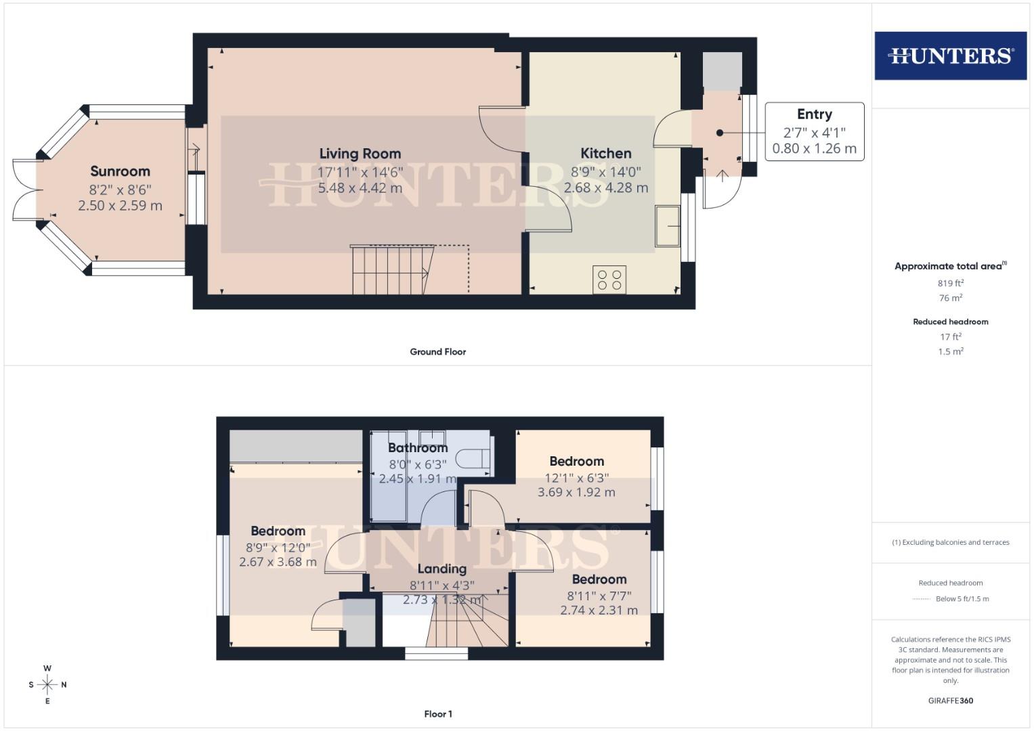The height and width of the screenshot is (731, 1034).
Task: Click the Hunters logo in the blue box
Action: pyautogui.click(x=950, y=56)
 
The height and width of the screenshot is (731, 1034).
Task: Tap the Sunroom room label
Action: pyautogui.click(x=120, y=171)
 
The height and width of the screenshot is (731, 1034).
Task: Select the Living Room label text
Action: pyautogui.click(x=360, y=154)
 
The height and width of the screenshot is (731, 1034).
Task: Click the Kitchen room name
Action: pyautogui.click(x=605, y=154)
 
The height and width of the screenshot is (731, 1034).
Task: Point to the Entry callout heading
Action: pyautogui.click(x=814, y=114)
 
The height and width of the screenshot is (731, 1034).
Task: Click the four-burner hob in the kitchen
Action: pyautogui.click(x=609, y=280)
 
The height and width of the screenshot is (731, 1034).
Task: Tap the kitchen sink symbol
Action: pyautogui.click(x=668, y=226)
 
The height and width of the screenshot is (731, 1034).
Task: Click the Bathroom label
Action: pyautogui.click(x=418, y=447)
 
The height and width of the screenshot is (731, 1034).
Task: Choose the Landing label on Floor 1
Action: pyautogui.click(x=441, y=569)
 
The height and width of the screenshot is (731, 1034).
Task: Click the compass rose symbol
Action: pyautogui.click(x=47, y=684)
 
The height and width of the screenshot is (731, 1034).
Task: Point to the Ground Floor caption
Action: pyautogui.click(x=437, y=352)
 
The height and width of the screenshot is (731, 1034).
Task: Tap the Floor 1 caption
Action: pyautogui.click(x=437, y=714)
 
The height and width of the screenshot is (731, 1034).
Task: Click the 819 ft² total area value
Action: pyautogui.click(x=950, y=284)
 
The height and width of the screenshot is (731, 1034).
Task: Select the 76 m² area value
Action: pyautogui.click(x=950, y=298)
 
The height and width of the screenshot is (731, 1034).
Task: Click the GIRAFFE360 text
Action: pyautogui.click(x=950, y=701)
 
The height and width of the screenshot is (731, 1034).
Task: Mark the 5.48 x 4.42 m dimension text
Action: pyautogui.click(x=360, y=187)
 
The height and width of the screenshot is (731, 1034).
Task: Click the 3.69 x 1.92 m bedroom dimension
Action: pyautogui.click(x=576, y=492)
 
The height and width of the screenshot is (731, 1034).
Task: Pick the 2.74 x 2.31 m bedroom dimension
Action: pyautogui.click(x=599, y=610)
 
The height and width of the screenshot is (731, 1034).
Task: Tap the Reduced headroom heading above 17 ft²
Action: pyautogui.click(x=950, y=322)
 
